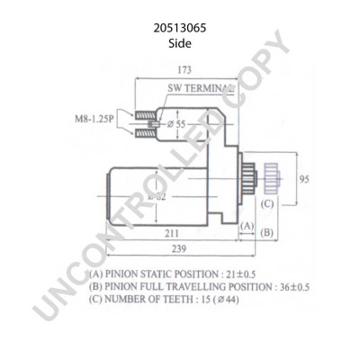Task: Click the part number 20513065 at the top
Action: coord(180,28)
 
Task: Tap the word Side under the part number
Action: coord(180,42)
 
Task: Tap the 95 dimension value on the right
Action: coord(304,180)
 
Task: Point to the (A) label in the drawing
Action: coord(246,233)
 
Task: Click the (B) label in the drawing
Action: coord(266,233)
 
